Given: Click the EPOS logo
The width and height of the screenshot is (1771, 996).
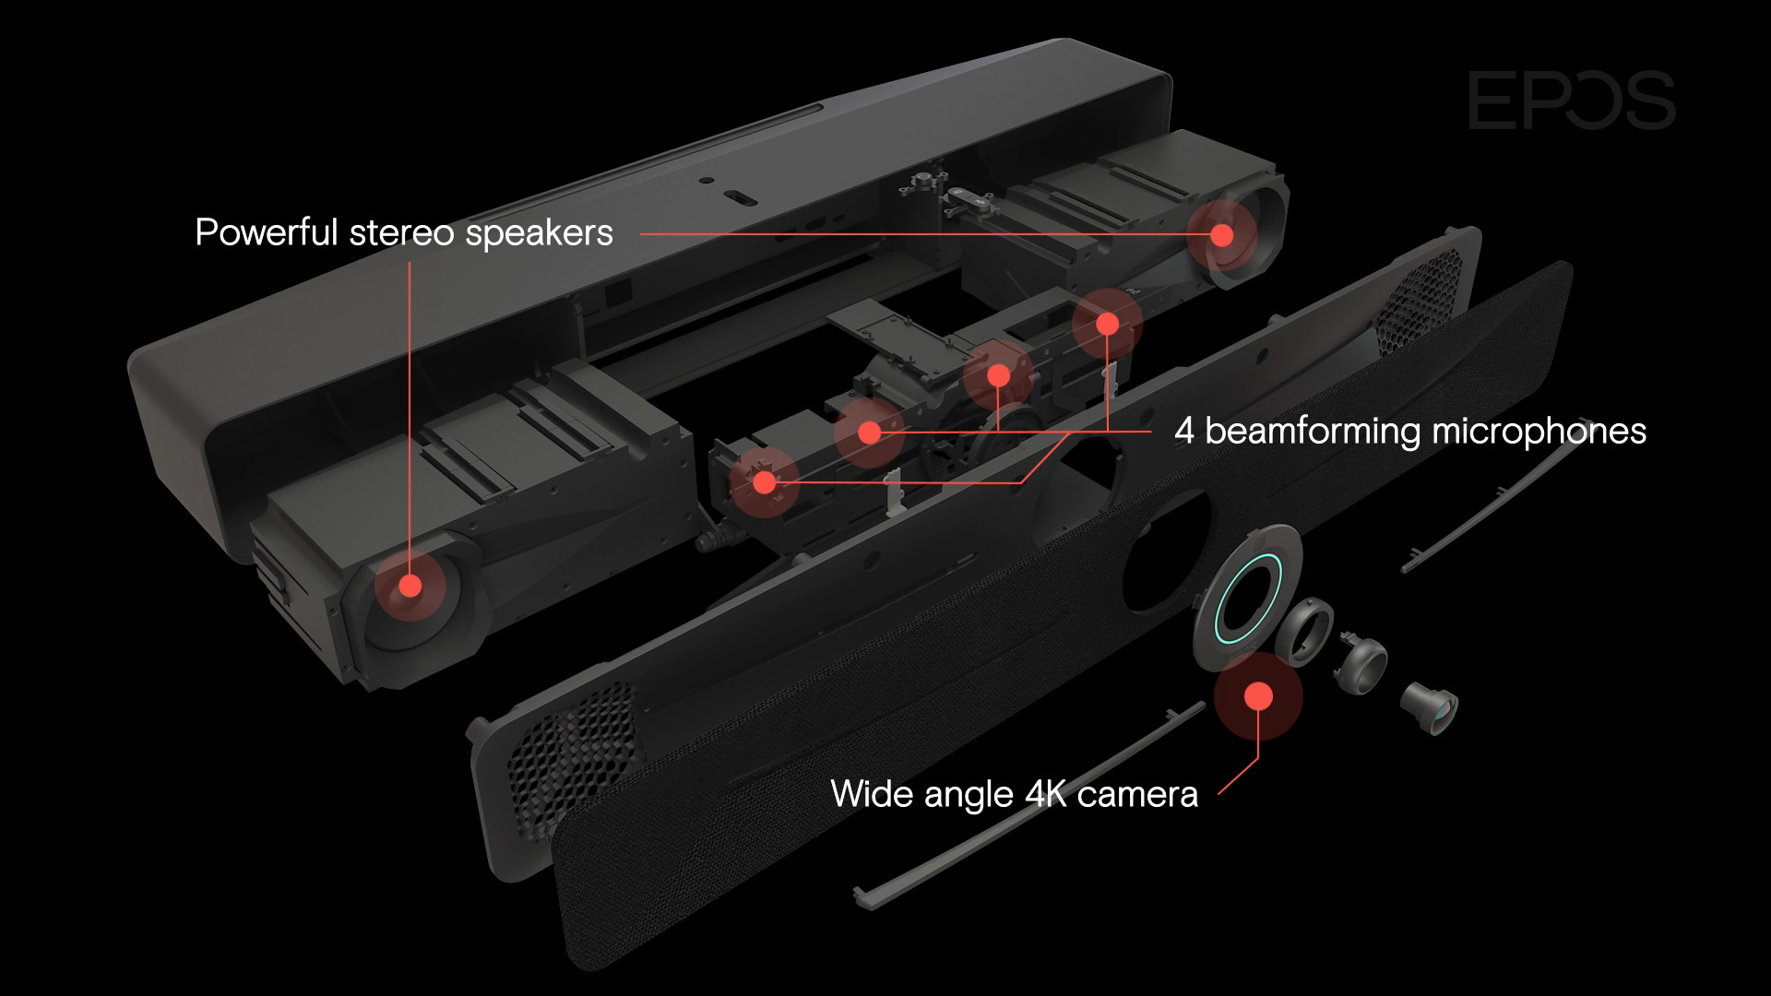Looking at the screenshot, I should click(x=1572, y=101).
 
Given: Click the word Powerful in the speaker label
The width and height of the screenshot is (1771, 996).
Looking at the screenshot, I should click(x=267, y=232).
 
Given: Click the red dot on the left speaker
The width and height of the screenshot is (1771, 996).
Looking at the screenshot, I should click(x=410, y=586).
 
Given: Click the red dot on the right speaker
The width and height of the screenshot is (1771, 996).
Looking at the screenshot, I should click(x=1221, y=235).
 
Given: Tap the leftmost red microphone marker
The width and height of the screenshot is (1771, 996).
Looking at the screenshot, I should click(x=764, y=480).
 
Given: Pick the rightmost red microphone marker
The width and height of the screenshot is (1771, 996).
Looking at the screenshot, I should click(x=1107, y=324).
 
